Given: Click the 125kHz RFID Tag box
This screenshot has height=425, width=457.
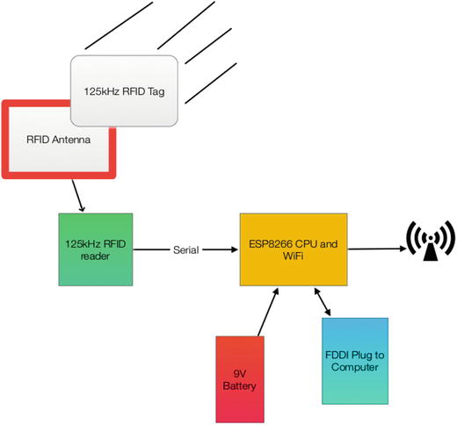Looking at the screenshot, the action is (124, 90).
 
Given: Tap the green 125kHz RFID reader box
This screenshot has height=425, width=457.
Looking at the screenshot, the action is (96, 249).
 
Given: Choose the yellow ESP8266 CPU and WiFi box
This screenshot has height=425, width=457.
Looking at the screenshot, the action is (294, 249).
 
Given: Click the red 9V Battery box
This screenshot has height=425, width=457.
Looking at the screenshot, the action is (240, 379).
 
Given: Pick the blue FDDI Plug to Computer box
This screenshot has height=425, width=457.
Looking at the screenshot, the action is (355, 361).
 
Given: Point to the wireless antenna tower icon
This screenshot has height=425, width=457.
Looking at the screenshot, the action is (431, 241).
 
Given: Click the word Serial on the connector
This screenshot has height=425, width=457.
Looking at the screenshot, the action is (185, 250).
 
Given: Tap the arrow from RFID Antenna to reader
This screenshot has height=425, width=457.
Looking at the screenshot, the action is (78, 196).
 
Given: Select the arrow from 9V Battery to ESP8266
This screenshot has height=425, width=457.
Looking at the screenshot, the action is (268, 312).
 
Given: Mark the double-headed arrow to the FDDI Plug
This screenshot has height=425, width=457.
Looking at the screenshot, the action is (323, 302).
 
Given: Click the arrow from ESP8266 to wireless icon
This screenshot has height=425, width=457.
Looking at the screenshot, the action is (377, 249).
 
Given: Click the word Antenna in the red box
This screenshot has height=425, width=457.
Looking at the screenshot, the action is (71, 140).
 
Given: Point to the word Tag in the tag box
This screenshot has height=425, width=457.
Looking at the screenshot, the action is (156, 92).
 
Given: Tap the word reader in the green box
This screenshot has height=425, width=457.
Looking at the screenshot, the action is (95, 256).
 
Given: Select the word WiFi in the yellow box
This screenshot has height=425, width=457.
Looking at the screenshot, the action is (293, 256).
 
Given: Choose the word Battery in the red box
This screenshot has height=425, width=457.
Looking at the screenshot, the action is (239, 386).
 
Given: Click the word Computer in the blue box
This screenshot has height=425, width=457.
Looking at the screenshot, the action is (355, 367).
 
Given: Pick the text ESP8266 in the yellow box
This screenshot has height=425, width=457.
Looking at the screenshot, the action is (271, 244).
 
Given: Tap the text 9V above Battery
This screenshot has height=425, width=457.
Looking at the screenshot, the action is (240, 374).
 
